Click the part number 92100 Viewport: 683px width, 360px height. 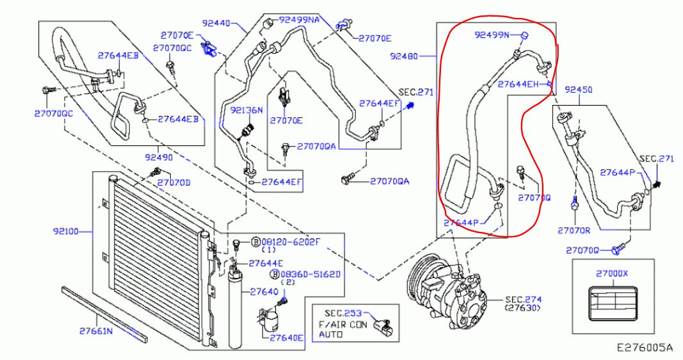(x=66, y=231)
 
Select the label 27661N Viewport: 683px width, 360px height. (x=96, y=331)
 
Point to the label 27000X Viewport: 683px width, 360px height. (x=612, y=274)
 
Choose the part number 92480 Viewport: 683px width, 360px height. (x=404, y=56)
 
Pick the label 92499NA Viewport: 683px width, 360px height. (x=299, y=20)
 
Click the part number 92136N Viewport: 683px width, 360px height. (x=246, y=110)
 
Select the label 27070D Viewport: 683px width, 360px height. (x=174, y=183)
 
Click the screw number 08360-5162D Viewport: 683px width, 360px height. (x=310, y=275)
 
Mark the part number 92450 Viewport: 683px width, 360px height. (x=579, y=90)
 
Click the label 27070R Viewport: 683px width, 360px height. (x=574, y=231)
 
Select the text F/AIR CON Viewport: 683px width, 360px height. (x=343, y=325)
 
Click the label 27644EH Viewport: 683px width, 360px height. (x=518, y=84)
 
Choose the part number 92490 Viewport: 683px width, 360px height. (x=159, y=157)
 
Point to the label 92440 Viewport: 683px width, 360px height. (x=216, y=23)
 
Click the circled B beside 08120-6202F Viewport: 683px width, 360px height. (x=256, y=242)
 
